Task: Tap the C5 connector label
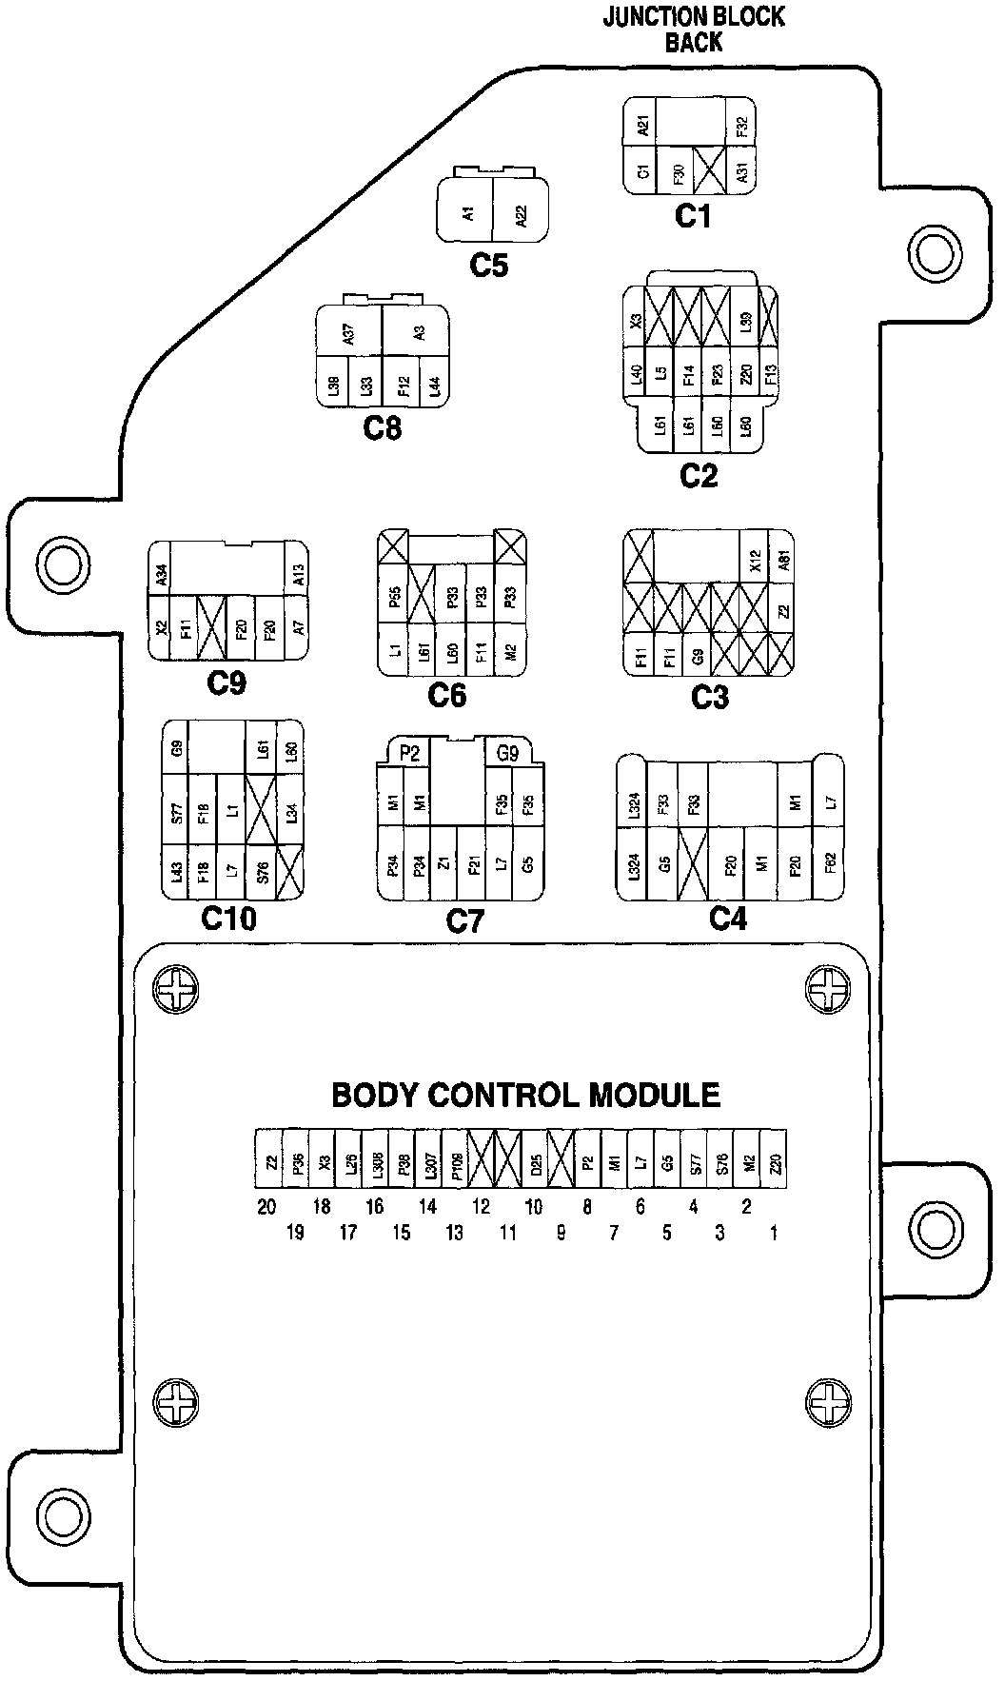(489, 265)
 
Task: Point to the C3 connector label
(709, 698)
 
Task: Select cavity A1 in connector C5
(466, 214)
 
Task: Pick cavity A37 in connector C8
(348, 333)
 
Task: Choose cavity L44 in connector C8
(434, 386)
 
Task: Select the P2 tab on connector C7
(410, 754)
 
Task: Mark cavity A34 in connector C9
(161, 573)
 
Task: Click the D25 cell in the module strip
(536, 1162)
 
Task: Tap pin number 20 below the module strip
(266, 1207)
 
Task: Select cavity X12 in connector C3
(755, 562)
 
